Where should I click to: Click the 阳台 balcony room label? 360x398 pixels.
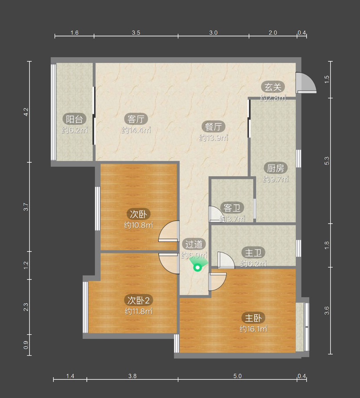(x=74, y=119)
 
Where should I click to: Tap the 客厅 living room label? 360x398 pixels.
(x=136, y=119)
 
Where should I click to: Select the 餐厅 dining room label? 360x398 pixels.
(x=213, y=126)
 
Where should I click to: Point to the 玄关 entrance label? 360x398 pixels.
(x=273, y=87)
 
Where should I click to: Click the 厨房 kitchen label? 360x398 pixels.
(x=275, y=168)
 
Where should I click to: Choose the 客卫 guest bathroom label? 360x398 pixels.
(x=232, y=208)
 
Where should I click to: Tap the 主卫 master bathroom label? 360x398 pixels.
(x=253, y=253)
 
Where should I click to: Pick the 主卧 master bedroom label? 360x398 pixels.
(x=253, y=318)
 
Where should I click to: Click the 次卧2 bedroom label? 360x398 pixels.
(x=139, y=300)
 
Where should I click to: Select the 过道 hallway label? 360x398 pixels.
(x=194, y=244)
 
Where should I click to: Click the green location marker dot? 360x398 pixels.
(x=197, y=267)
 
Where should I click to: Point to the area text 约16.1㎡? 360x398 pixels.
(x=253, y=329)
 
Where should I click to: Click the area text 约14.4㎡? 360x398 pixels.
(x=136, y=130)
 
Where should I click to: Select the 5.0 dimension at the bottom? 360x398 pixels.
(x=238, y=376)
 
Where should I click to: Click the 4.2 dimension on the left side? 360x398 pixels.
(x=26, y=112)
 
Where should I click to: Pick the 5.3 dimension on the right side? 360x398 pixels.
(x=327, y=161)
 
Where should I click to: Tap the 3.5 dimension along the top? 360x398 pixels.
(x=136, y=33)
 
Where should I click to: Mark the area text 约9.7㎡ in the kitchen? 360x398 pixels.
(x=276, y=179)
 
